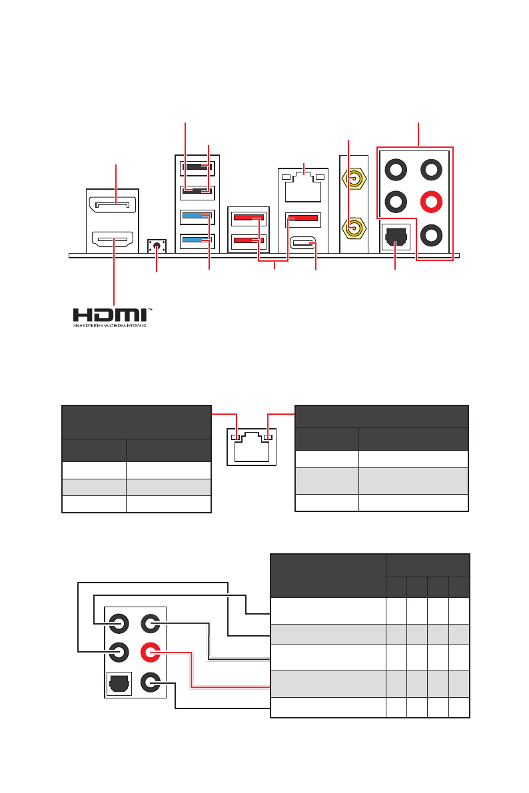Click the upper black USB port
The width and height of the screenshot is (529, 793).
[x=197, y=168]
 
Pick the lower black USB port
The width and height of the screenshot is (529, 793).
[x=197, y=192]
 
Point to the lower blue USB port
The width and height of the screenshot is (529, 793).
[x=197, y=239]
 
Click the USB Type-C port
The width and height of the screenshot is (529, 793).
[x=303, y=244]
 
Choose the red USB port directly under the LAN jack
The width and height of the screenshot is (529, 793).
[x=303, y=218]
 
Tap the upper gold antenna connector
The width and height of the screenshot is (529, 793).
[x=354, y=178]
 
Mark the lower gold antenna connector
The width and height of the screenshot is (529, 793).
[x=354, y=229]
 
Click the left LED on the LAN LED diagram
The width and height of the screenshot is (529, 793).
[x=234, y=437]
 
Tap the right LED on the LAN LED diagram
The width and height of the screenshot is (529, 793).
[x=267, y=437]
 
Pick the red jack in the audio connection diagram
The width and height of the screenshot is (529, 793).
[x=151, y=652]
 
